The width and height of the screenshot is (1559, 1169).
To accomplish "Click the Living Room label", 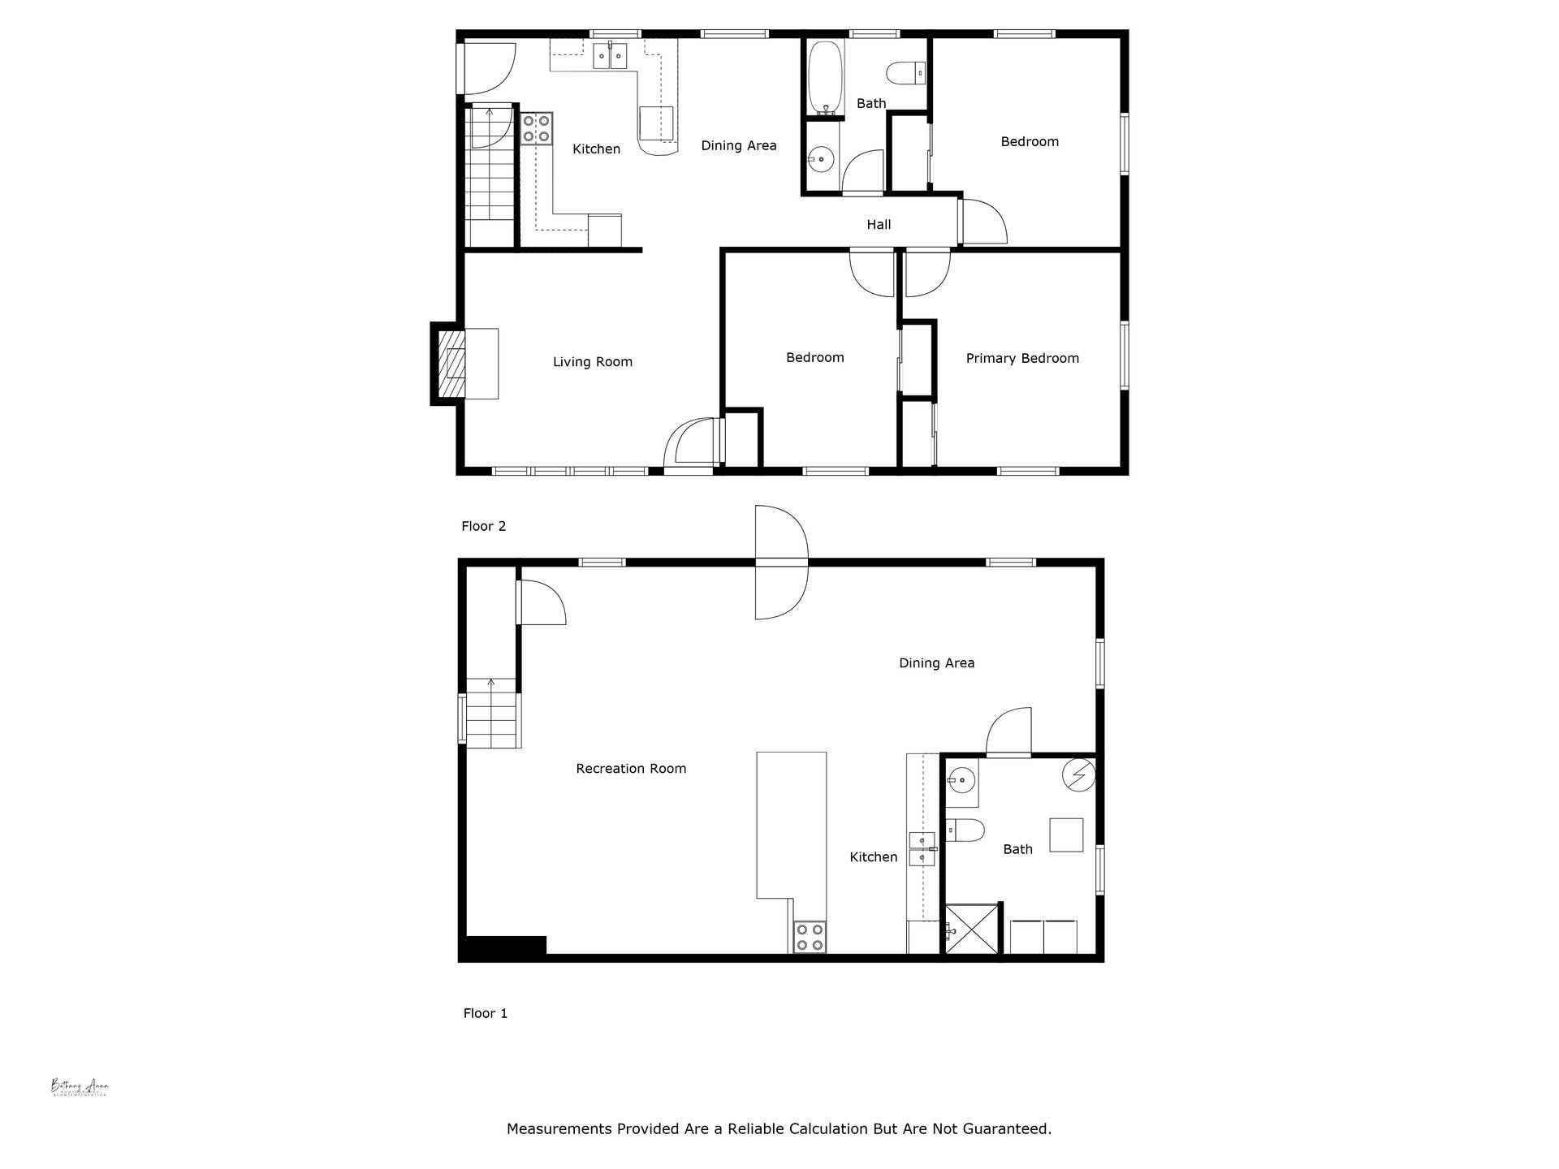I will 592,362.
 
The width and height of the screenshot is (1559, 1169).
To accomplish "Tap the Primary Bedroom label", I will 1021,358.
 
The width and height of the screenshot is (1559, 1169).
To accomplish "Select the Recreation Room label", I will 631,768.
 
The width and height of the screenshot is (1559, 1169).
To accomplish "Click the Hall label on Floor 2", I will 879,225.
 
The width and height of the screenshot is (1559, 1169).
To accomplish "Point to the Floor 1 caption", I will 485,1013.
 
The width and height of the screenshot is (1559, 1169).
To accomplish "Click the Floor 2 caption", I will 483,526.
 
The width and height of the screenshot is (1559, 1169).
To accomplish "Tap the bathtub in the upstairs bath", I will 826,77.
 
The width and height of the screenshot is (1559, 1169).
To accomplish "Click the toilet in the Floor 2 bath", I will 905,73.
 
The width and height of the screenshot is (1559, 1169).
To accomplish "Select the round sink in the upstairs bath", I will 821,160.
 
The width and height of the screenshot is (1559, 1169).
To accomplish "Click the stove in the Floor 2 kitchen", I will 536,128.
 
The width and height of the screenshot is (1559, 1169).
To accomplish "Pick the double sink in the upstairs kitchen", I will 609,56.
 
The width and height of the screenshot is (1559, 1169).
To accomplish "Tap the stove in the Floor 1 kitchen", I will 809,937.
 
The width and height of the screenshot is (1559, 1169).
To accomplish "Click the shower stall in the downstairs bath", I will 971,929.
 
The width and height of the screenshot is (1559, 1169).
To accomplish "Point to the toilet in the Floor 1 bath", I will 965,830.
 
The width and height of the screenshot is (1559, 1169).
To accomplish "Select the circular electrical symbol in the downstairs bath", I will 1078,775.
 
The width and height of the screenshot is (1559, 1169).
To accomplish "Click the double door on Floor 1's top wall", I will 781,562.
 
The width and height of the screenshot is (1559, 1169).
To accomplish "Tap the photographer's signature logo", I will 80,1087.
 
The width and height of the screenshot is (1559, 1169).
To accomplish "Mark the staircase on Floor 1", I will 491,714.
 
